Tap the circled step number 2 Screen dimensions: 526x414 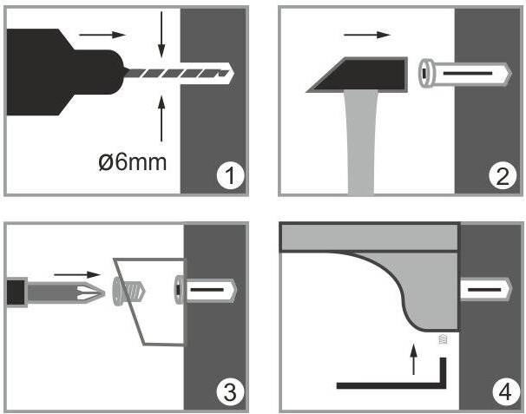point(503,175)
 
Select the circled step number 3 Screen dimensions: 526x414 point(231,391)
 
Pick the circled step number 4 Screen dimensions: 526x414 point(505,391)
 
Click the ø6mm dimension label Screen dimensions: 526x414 point(133,162)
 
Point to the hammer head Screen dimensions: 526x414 point(358,75)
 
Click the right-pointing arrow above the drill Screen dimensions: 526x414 point(102,35)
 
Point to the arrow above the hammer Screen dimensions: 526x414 point(367,35)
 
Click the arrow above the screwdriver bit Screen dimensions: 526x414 point(77,275)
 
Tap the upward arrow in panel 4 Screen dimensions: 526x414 point(414,359)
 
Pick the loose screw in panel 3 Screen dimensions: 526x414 point(128,292)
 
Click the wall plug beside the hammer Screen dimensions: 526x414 point(465,73)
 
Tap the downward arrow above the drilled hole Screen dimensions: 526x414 point(161,35)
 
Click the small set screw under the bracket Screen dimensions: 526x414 point(444,339)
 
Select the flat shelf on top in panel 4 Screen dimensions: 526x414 point(369,238)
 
